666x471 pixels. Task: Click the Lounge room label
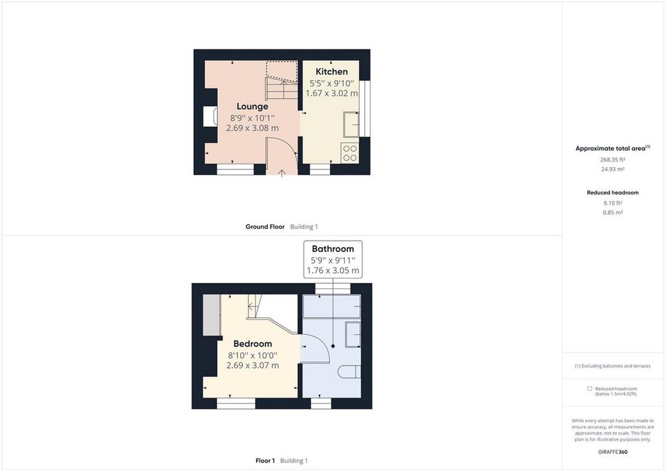tap(252, 106)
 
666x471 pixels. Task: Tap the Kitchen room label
tap(331, 72)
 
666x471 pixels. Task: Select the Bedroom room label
tap(252, 343)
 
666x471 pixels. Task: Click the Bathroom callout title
tap(332, 249)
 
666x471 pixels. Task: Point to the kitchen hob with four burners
tap(350, 154)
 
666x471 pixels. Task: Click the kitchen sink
tap(351, 124)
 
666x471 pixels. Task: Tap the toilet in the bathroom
tap(349, 373)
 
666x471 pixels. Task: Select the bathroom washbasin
tap(353, 334)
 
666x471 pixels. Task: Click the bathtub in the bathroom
tap(332, 306)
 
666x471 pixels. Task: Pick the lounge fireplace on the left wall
tap(211, 116)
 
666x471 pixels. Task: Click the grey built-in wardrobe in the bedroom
tap(211, 315)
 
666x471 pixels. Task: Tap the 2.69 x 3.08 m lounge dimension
tap(252, 128)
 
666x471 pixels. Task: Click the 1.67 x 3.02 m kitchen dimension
tap(332, 93)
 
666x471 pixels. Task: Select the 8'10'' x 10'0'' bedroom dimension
tap(252, 355)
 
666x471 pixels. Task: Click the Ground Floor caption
tap(265, 227)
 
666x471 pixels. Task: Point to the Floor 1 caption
tap(265, 461)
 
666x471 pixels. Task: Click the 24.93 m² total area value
tap(613, 169)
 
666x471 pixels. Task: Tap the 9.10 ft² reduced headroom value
tap(613, 203)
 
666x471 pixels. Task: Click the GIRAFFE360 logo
tap(613, 452)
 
